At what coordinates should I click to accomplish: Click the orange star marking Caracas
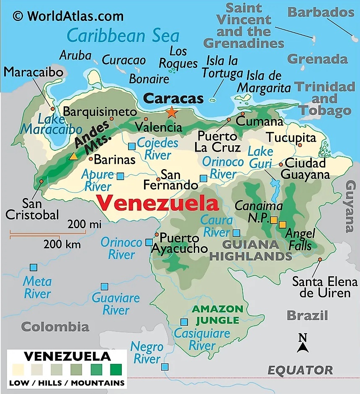(x=171, y=112)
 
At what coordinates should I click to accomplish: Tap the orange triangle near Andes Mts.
(x=74, y=157)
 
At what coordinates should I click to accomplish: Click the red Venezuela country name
(x=158, y=204)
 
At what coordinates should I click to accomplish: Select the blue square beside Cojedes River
(x=132, y=146)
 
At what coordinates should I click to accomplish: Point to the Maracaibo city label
(x=33, y=72)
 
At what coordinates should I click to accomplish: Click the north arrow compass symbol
(x=303, y=343)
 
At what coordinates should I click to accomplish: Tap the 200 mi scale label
(x=85, y=224)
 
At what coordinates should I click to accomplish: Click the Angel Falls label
(x=300, y=239)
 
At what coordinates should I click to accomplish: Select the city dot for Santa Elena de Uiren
(x=320, y=260)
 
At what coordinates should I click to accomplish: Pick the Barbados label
(x=321, y=12)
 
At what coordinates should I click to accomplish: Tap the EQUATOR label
(x=300, y=370)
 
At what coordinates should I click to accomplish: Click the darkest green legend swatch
(x=116, y=370)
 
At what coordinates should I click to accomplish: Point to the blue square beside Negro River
(x=165, y=367)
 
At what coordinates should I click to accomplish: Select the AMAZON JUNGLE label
(x=217, y=315)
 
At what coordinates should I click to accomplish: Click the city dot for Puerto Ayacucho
(x=157, y=234)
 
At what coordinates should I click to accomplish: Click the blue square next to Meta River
(x=33, y=267)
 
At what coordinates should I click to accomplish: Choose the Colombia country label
(x=55, y=327)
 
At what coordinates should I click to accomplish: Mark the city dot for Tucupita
(x=300, y=145)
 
